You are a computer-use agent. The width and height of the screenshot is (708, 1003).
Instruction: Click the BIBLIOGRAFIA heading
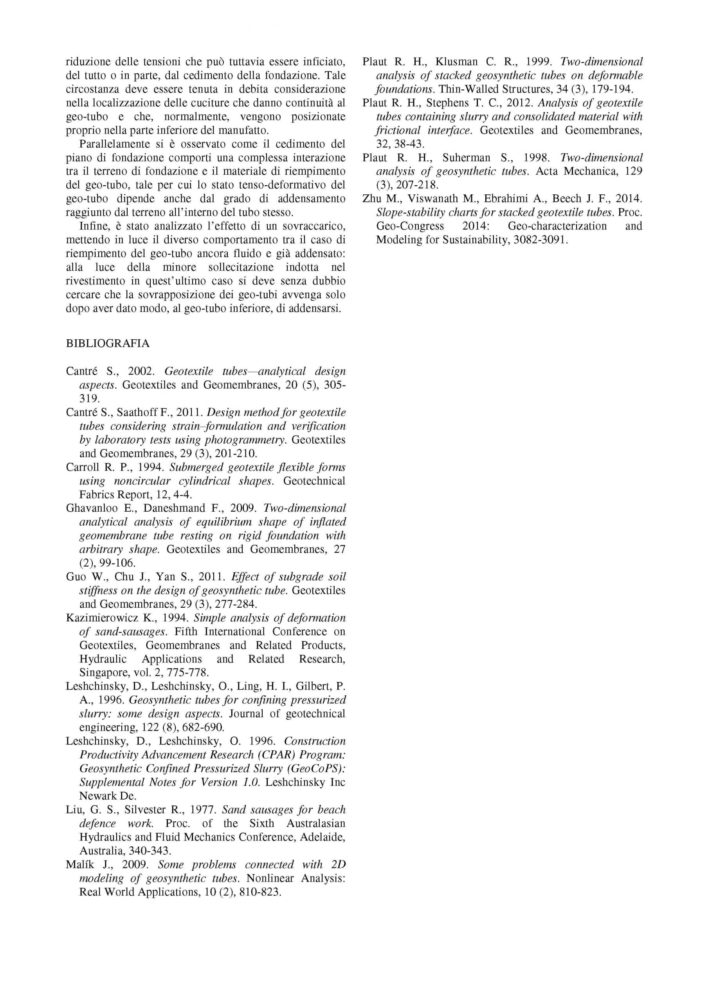pos(107,344)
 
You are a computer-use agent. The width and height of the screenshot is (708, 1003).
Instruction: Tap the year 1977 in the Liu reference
pos(200,810)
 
